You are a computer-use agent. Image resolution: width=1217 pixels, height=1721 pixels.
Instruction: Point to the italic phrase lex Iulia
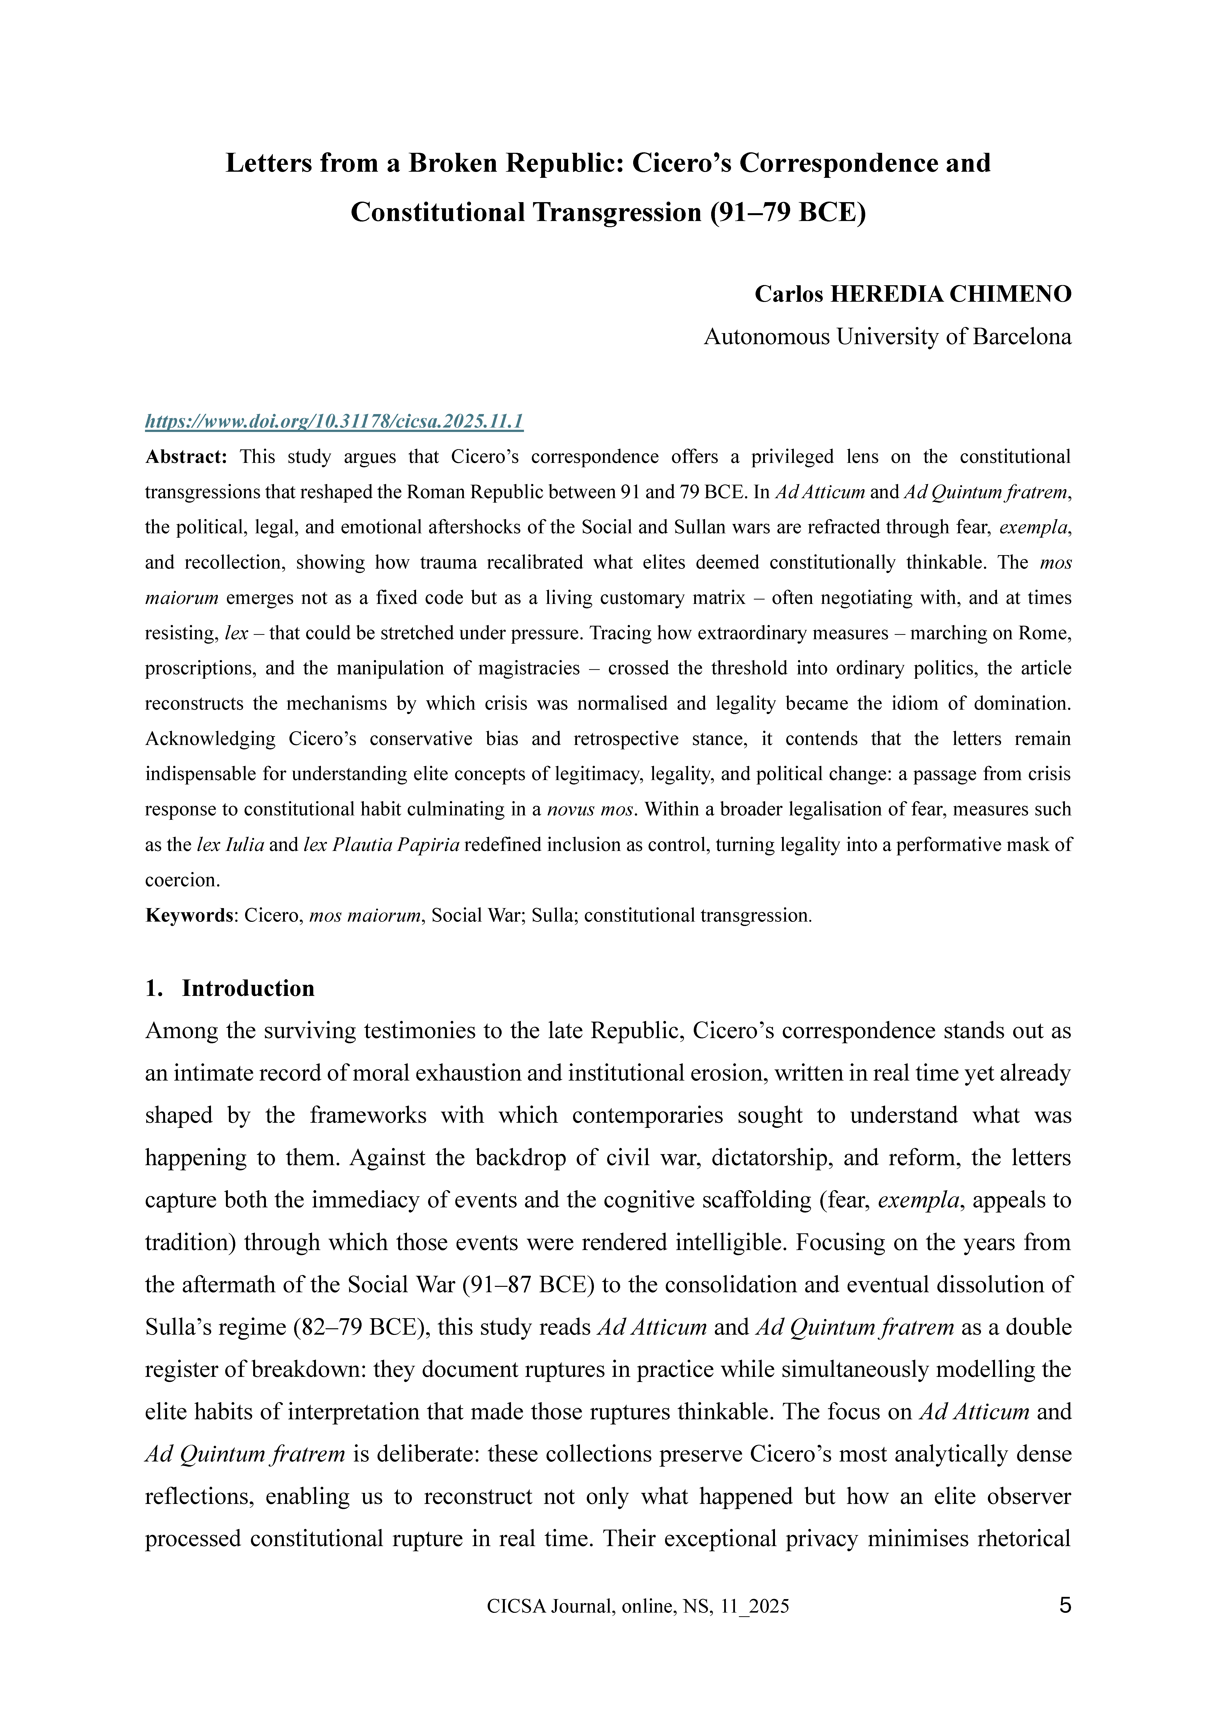230,845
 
